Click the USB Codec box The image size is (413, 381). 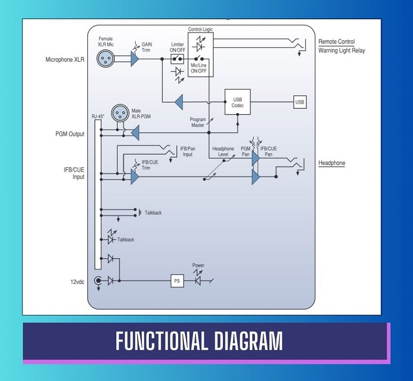[x=238, y=102]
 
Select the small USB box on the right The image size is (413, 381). [x=300, y=102]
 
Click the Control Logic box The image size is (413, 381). [x=200, y=54]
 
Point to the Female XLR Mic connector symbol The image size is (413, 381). [x=105, y=58]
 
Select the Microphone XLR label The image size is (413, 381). [x=65, y=59]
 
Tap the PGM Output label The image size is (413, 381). [x=69, y=134]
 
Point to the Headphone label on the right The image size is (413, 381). [x=332, y=163]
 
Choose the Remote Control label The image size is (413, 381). [x=336, y=42]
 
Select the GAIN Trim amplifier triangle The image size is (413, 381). [x=134, y=58]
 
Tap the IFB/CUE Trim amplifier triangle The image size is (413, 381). [x=134, y=177]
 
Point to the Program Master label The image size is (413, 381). [x=198, y=122]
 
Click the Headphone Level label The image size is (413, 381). [x=223, y=151]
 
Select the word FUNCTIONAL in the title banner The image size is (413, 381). [x=161, y=341]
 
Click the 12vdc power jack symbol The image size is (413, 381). [x=98, y=280]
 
